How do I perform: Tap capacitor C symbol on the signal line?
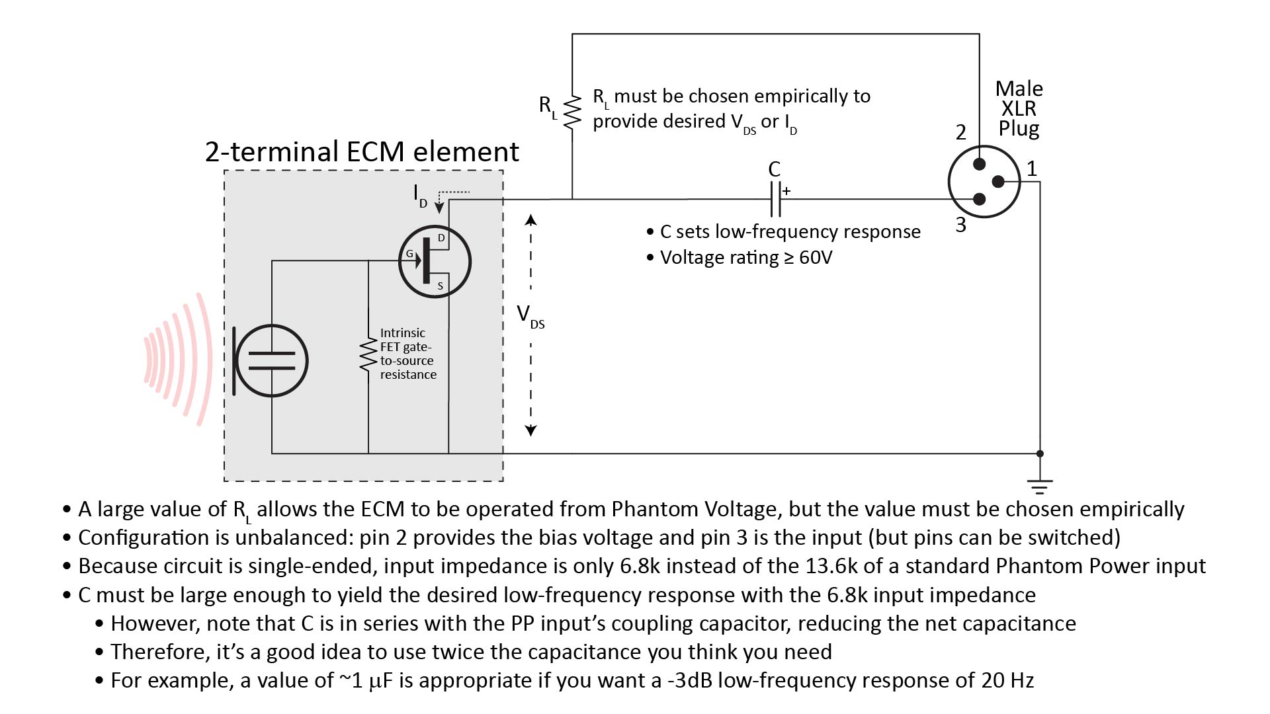point(775,199)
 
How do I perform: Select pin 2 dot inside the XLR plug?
point(980,165)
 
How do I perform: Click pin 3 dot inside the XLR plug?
point(980,199)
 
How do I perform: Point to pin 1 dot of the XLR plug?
point(998,182)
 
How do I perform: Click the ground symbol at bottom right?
point(1040,487)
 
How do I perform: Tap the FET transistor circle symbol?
point(435,262)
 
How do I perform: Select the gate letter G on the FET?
point(409,254)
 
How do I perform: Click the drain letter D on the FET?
point(441,238)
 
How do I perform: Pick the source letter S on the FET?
point(441,286)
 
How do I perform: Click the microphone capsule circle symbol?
point(271,360)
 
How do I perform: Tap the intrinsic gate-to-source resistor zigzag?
point(368,356)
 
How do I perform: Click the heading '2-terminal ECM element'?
point(362,151)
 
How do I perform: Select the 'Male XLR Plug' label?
point(1019,108)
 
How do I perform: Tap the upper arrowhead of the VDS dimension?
point(530,219)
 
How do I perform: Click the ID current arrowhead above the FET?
point(439,209)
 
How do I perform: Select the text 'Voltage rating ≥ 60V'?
point(746,257)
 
